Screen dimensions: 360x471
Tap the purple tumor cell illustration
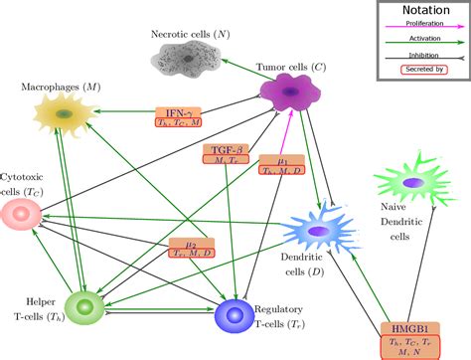(295, 93)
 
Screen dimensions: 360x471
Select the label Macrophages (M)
(63, 88)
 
